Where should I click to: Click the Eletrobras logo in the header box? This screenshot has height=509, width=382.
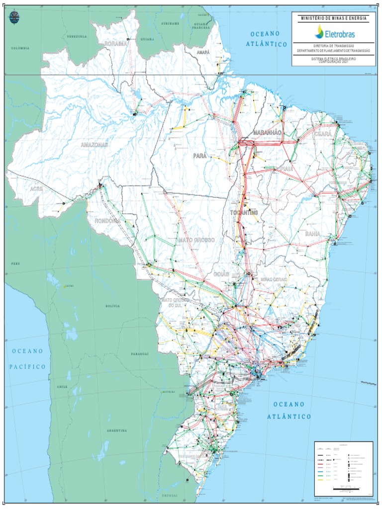pos(333,33)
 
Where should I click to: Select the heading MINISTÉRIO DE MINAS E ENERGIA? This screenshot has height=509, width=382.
pos(333,18)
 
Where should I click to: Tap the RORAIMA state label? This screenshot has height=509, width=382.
pos(115,44)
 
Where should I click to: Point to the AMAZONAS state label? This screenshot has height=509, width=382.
pos(95,145)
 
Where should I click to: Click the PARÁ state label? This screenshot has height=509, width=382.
pos(200,156)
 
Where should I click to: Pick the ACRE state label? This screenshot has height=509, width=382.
pos(36,189)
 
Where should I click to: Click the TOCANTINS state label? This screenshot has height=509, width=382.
pos(244,213)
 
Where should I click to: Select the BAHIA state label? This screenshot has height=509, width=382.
pos(313,233)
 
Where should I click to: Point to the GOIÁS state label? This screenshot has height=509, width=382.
pos(221,274)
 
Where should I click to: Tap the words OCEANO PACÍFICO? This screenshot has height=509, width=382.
pos(27,358)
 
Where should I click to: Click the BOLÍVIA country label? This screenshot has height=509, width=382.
pos(112,306)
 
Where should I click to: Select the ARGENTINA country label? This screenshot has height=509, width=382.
pos(116,430)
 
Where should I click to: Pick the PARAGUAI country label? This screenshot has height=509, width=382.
pos(140,353)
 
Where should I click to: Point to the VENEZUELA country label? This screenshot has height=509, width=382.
pos(77,36)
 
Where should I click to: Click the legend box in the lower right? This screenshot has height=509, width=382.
pos(343,462)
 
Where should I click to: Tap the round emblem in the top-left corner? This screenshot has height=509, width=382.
pos(13,17)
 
